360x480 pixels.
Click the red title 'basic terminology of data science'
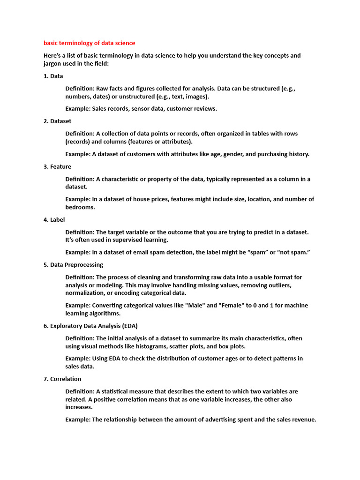coord(89,43)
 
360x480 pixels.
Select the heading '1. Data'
coord(53,75)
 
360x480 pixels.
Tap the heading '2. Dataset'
coord(57,121)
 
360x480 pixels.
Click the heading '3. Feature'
coord(57,166)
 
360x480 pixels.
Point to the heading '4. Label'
coord(54,219)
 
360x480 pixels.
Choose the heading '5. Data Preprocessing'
coord(73,264)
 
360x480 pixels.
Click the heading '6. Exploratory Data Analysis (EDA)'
coord(90,325)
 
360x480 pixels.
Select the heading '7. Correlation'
coord(62,379)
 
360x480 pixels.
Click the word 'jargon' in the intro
coord(53,63)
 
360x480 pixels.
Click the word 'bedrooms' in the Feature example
coord(80,207)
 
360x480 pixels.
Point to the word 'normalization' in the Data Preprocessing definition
coord(86,293)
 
